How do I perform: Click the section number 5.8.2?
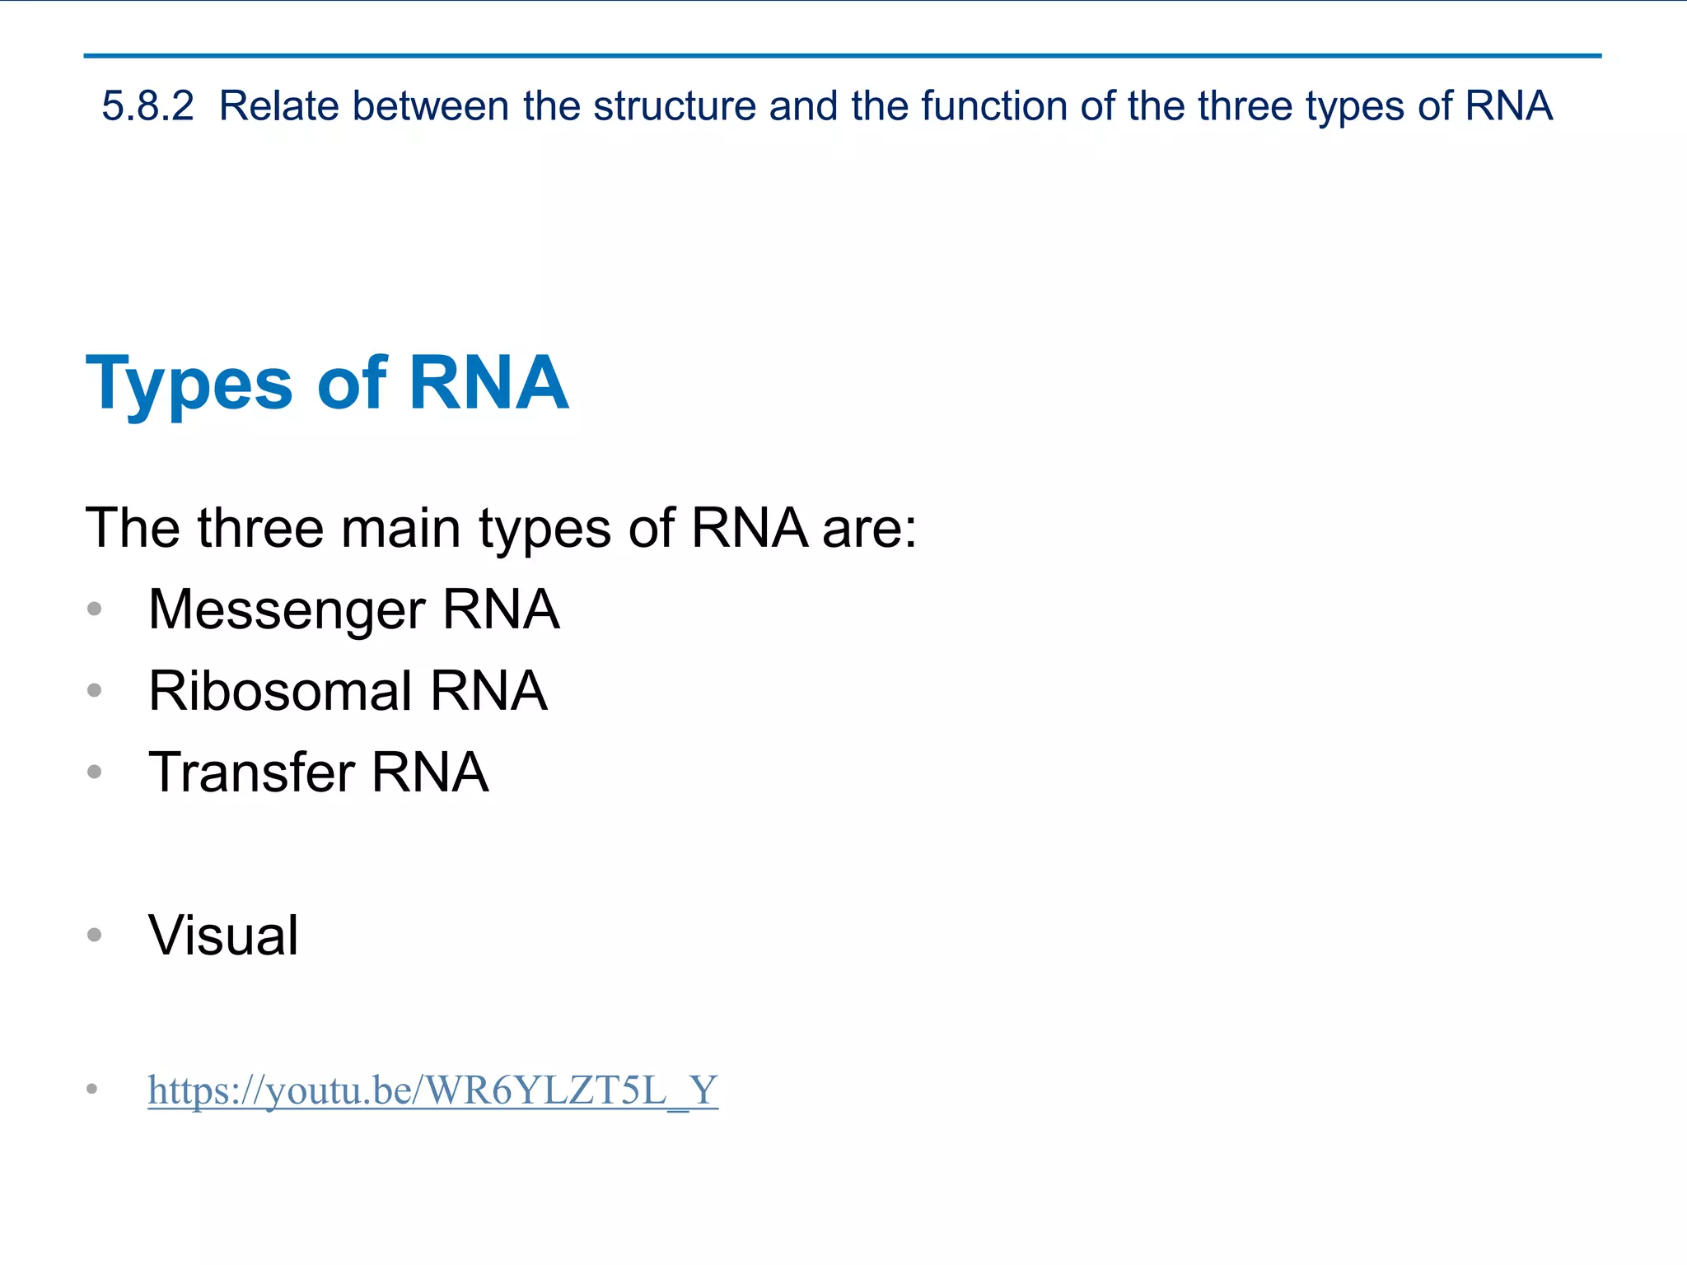point(147,106)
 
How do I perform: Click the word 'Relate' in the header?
point(278,106)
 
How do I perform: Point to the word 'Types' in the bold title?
point(189,384)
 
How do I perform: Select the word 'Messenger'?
point(287,610)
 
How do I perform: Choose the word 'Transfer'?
point(251,773)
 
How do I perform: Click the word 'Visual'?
point(223,936)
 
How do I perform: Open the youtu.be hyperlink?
point(432,1090)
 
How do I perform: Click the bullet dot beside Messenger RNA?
point(95,609)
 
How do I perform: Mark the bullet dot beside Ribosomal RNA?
point(95,690)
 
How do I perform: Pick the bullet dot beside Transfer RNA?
point(95,772)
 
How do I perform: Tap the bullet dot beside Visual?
point(95,935)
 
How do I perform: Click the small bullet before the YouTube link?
point(92,1090)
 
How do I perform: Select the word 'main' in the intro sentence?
point(400,528)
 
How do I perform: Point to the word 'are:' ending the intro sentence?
point(869,528)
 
